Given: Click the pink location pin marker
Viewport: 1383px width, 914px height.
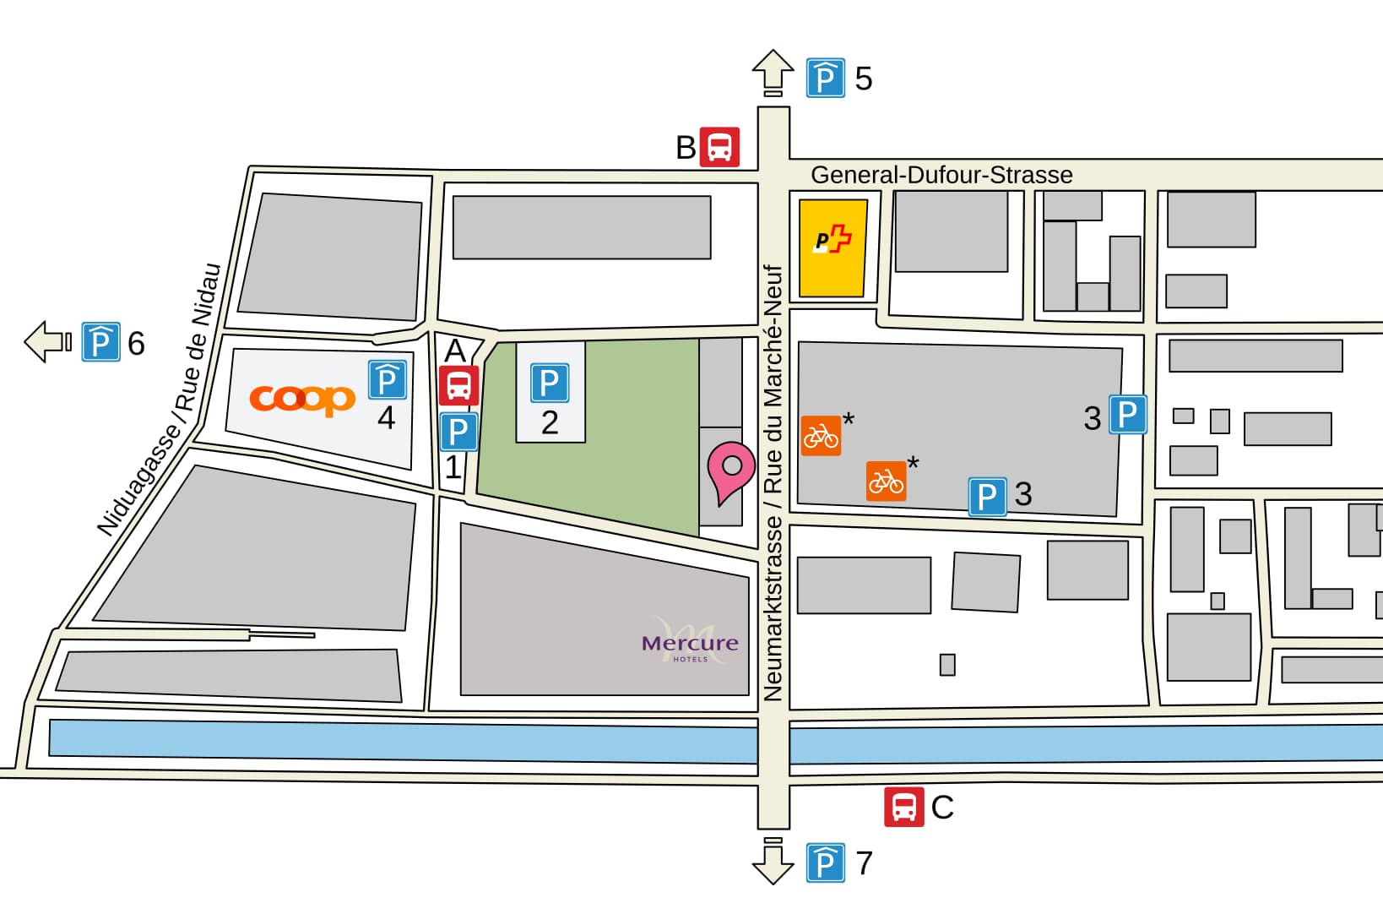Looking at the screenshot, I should coord(731,469).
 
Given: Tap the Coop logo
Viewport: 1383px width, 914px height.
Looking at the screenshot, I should coord(302,399).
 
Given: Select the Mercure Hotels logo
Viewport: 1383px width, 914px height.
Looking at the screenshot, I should coord(690,645).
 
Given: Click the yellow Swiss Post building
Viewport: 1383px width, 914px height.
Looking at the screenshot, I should coord(833,248).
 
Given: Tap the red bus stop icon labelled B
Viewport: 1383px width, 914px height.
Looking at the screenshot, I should coord(719,147).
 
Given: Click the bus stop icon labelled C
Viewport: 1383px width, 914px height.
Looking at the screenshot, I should coord(903,806).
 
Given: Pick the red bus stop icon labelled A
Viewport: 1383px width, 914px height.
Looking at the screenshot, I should coord(458,386).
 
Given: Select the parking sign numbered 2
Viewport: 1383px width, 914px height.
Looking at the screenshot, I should coord(550,383).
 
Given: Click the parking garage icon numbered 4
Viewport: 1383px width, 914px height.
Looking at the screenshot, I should coord(388,379).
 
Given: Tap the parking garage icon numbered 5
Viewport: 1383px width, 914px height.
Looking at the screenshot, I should coord(825,79).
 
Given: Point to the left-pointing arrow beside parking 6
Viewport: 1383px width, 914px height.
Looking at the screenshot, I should coord(47,342).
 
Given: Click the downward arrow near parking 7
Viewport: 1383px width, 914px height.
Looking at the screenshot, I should coord(773,861).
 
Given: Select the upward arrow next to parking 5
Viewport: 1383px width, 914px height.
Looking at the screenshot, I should coord(773,73).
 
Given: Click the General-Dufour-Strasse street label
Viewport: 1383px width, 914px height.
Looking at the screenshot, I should coord(941,175).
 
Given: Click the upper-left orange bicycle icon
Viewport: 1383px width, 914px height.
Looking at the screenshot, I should coord(821,436).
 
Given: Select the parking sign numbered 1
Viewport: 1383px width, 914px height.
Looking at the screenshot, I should coord(458,432).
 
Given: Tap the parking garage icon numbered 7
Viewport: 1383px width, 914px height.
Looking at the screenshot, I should coord(825,862).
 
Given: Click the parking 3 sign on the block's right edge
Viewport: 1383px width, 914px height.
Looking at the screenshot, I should coord(1127,415).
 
